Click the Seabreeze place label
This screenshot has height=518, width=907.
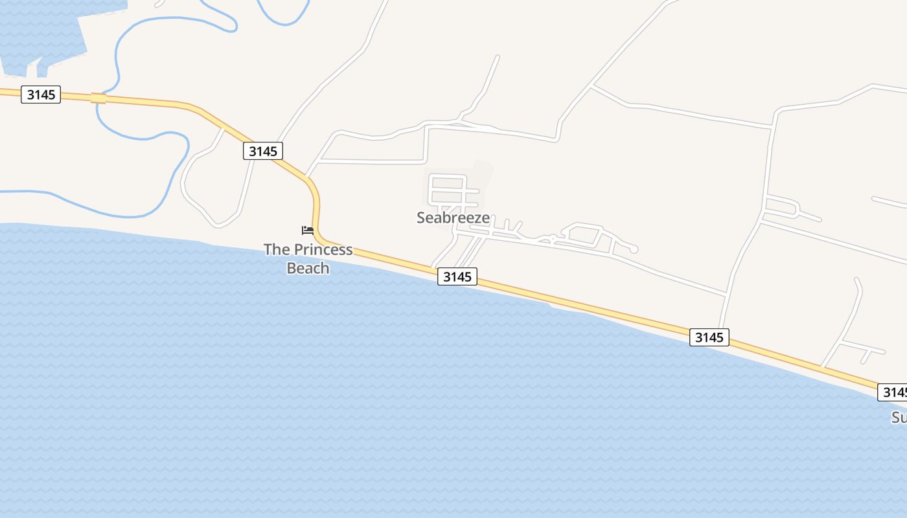tap(453, 218)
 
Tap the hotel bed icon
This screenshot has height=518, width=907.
tap(308, 230)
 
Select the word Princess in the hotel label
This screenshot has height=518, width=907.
tap(323, 249)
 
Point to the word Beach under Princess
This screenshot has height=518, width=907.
tap(308, 267)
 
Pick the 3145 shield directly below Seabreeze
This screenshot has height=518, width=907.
tap(457, 276)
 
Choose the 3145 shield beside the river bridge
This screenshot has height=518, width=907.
tap(41, 95)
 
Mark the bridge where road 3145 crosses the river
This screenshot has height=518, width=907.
tap(98, 98)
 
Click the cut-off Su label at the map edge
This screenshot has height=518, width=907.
tap(899, 418)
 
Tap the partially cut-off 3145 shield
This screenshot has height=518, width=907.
tap(893, 392)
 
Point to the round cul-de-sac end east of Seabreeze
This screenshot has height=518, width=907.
tap(634, 249)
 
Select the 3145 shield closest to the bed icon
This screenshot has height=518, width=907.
tap(263, 151)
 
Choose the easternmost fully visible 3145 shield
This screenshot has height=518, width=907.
tap(709, 337)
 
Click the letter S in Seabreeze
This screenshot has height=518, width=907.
tap(422, 218)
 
